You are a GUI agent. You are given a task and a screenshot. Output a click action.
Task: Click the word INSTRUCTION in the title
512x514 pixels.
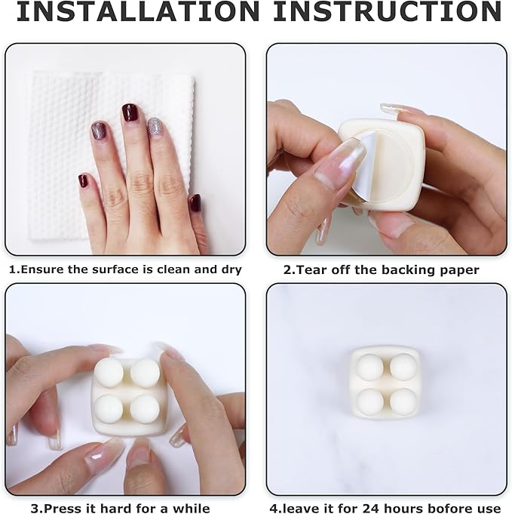387,13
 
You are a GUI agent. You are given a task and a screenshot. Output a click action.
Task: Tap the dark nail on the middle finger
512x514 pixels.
130,112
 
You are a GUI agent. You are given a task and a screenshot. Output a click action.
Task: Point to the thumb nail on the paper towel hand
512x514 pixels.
195,202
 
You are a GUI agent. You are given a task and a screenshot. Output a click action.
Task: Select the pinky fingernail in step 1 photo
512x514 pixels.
83,180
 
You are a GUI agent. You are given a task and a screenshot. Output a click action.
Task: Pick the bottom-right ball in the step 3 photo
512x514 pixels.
145,408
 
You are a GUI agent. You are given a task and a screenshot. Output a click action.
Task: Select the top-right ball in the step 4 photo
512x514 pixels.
403,366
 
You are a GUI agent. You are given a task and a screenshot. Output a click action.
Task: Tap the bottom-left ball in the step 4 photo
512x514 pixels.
369,400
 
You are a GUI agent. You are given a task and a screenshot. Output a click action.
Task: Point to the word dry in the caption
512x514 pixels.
229,269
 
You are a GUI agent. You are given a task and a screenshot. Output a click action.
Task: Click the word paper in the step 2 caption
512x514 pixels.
455,269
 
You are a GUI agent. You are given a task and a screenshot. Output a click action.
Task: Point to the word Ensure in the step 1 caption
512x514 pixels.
40,269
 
